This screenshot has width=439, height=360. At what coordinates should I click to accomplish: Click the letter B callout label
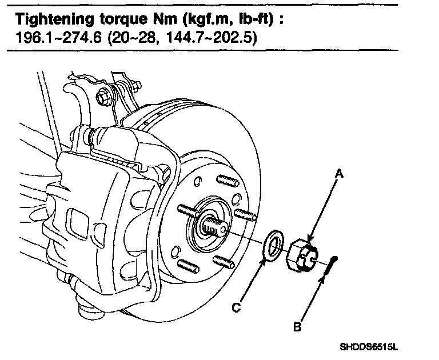click(x=298, y=327)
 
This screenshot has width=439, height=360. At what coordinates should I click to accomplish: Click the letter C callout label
click(x=236, y=307)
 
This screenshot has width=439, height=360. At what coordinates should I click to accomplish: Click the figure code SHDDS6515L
click(x=368, y=346)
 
